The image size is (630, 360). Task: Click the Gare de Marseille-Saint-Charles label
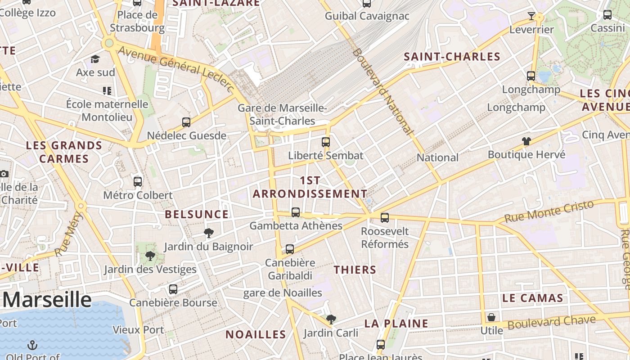coord(282,114)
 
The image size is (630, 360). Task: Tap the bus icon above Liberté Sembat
coord(326,142)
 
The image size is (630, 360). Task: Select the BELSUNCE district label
coord(197,214)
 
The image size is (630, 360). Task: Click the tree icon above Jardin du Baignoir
coord(208,233)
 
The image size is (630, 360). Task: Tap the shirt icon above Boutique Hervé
coord(526,141)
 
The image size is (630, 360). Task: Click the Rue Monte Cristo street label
coord(549,211)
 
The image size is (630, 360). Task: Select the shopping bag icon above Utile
coord(491,317)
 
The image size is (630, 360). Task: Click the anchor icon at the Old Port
coord(32,345)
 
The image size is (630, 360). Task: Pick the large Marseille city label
coord(47,299)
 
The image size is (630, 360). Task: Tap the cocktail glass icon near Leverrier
coord(531,16)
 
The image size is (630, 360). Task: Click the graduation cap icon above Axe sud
coord(95,59)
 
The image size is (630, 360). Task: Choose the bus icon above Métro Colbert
coord(138,182)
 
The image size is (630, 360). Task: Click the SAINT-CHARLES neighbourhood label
coord(452,57)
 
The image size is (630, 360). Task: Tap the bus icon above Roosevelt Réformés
coord(384,218)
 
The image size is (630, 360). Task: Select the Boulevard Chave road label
coord(551,322)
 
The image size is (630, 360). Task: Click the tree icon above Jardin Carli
coord(331,319)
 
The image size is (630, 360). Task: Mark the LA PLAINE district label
coord(396,323)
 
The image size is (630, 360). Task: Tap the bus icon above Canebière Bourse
coord(173,289)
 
